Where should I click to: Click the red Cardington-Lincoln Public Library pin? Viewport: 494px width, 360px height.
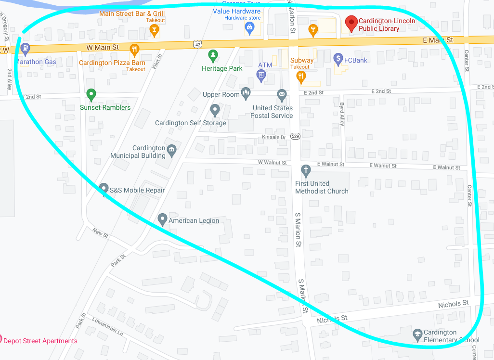point(351,23)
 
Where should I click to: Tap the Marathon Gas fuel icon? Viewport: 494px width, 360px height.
point(25,49)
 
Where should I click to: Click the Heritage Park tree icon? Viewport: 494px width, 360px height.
point(212,55)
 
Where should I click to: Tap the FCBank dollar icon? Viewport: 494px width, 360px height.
point(338,59)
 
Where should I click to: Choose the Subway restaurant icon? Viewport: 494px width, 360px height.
point(301,75)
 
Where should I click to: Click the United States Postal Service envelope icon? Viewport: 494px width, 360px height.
point(282,93)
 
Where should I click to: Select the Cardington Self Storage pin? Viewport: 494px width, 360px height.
point(215,110)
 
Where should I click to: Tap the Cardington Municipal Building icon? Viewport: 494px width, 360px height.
point(171,152)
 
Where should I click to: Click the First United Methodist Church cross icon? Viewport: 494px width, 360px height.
point(305,170)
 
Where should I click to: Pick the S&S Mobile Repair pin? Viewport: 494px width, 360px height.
point(104,188)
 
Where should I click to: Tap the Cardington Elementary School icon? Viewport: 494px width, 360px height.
point(418,334)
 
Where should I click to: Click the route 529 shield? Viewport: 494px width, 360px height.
point(296,137)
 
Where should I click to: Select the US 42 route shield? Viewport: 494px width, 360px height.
point(196,44)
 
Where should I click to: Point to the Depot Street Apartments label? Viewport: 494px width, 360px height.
point(39,341)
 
